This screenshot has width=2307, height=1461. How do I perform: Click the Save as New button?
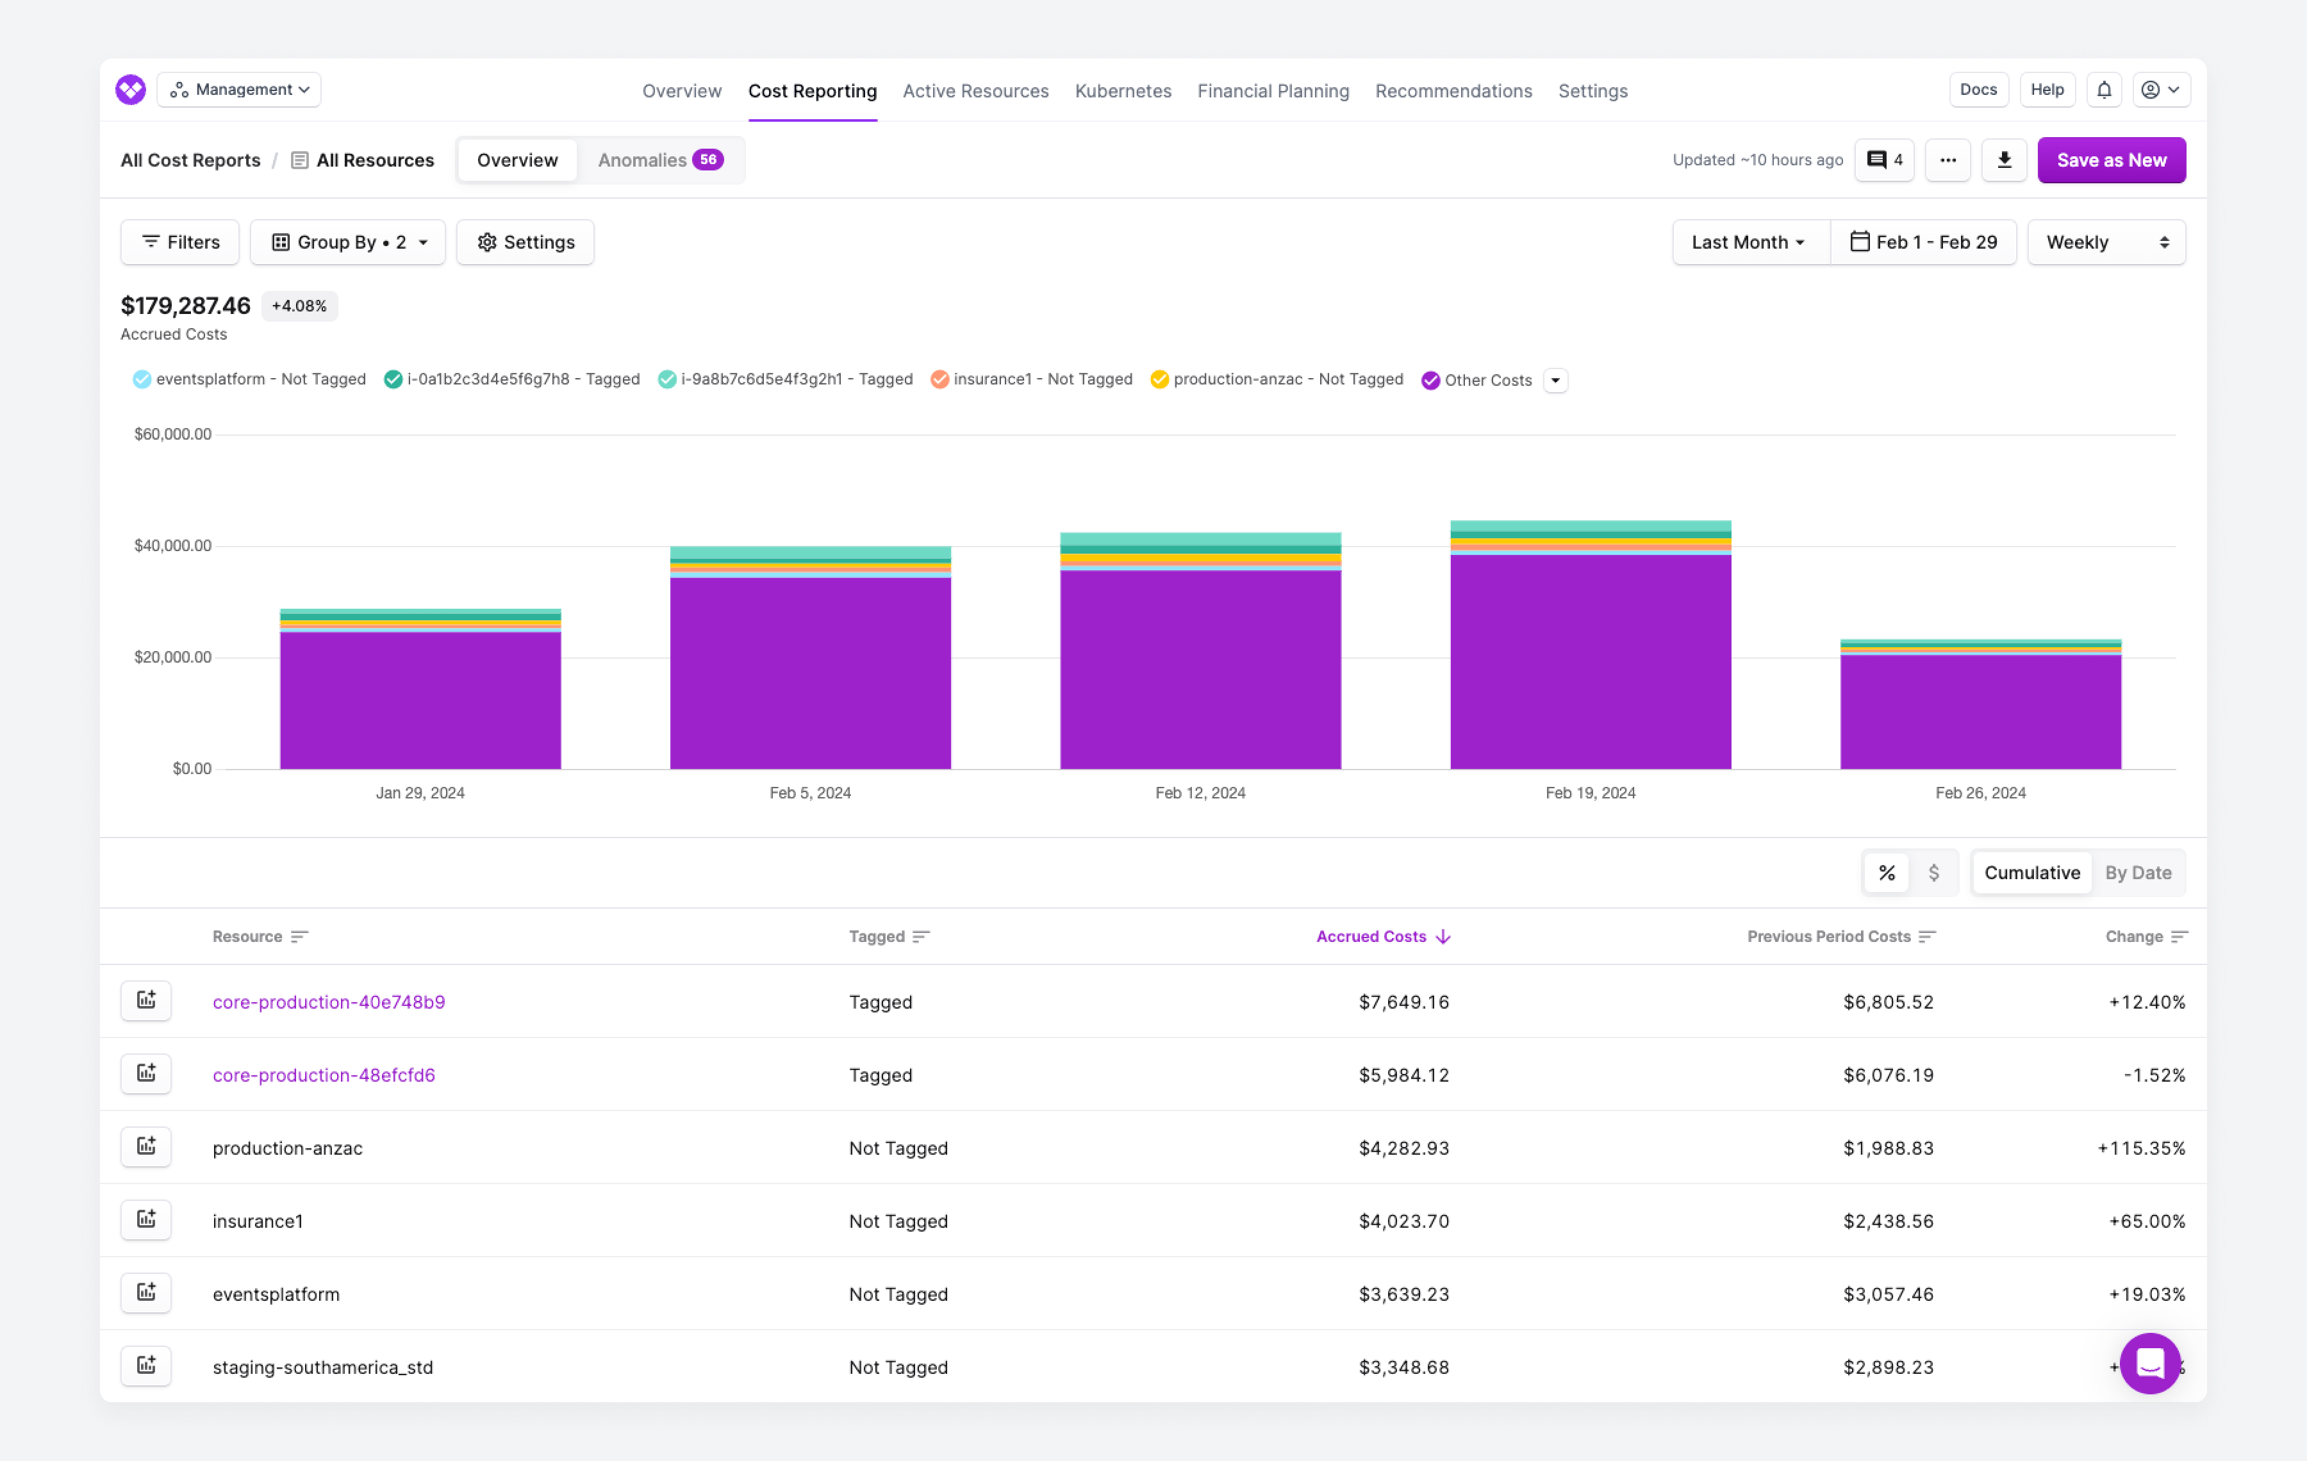coord(2111,160)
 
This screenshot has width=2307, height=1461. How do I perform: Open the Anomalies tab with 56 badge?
coord(659,160)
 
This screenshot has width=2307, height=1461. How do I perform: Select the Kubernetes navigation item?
coord(1123,91)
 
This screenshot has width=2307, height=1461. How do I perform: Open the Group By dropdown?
coord(348,242)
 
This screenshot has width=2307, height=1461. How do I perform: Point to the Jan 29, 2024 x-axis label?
coord(420,793)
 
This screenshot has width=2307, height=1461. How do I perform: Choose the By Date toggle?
coord(2137,873)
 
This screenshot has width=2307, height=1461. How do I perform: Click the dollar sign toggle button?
coord(1933,873)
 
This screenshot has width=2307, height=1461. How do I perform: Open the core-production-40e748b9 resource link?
coord(329,1002)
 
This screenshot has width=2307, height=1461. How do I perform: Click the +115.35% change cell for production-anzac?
coord(2140,1148)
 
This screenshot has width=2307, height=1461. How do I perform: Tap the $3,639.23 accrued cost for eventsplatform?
coord(1403,1294)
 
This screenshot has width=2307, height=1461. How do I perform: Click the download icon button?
coord(2003,160)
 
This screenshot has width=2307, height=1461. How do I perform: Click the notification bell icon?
coord(2103,90)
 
